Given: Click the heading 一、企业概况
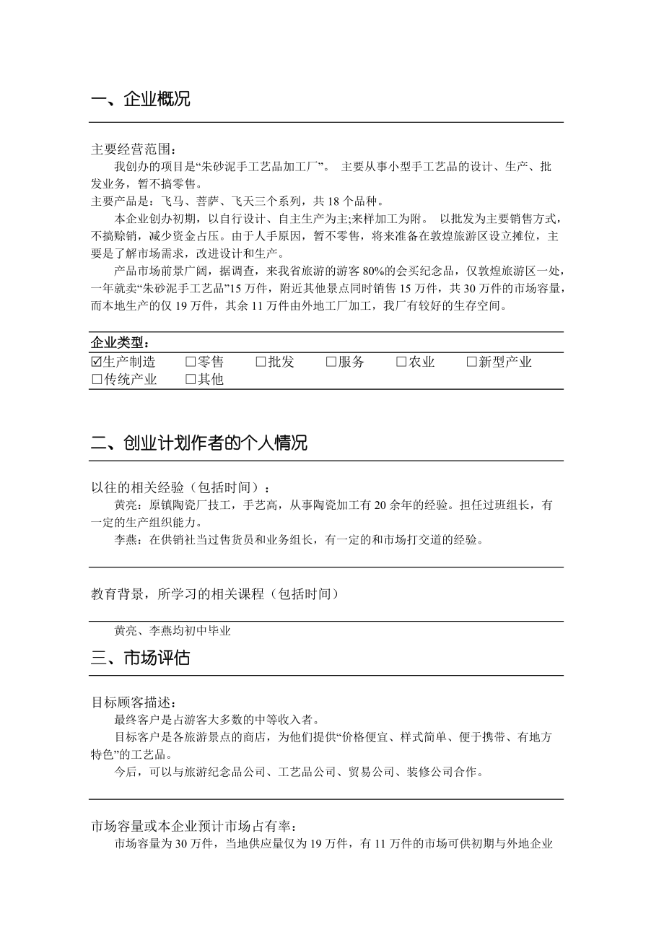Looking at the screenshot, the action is (x=141, y=100).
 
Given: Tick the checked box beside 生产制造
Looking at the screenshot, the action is (x=97, y=362).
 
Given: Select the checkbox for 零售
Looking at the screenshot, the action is (x=191, y=362).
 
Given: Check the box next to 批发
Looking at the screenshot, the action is (x=261, y=362).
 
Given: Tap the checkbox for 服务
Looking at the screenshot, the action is (x=331, y=362).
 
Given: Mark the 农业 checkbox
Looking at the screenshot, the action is (x=401, y=362).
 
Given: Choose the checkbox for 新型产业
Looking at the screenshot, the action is (x=471, y=362).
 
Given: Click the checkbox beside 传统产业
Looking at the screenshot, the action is (x=97, y=379).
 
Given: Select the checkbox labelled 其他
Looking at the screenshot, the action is (x=191, y=379).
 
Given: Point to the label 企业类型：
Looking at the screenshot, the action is (x=120, y=342).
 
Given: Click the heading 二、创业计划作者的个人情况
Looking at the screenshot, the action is (x=199, y=443).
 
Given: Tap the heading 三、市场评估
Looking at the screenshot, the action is (x=141, y=658).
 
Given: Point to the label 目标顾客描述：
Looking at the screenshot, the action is (x=134, y=702).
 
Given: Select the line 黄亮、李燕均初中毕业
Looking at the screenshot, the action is (x=172, y=630).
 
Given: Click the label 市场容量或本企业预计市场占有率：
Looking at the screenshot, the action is (x=193, y=826).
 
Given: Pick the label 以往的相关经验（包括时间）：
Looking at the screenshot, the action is (x=183, y=488).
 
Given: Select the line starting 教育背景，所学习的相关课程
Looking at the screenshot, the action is (x=214, y=594).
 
